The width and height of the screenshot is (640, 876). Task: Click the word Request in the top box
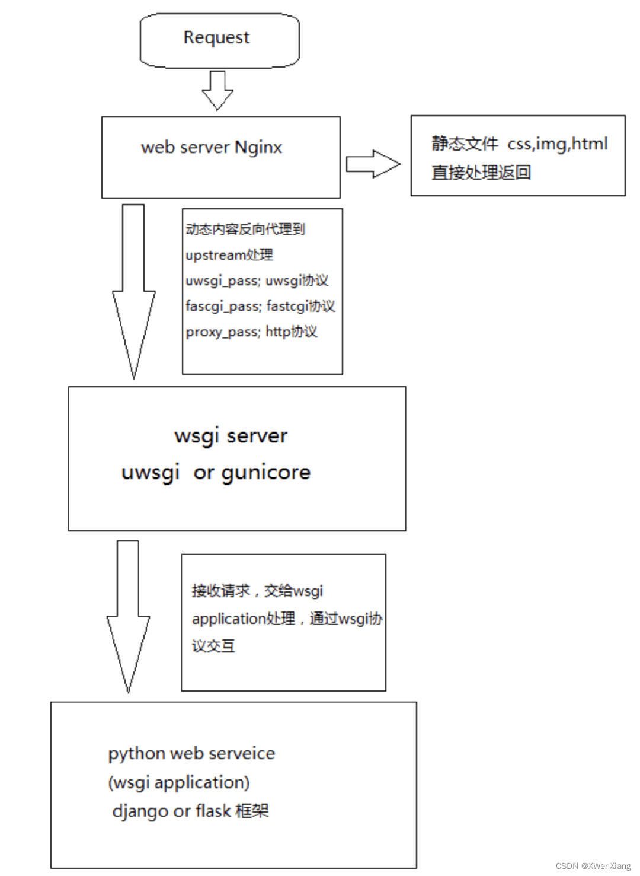tap(216, 37)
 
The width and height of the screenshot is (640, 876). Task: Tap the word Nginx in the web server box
tap(258, 147)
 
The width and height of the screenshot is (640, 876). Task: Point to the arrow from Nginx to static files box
tap(372, 164)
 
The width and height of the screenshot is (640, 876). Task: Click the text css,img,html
tap(557, 144)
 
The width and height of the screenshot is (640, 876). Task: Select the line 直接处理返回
tap(481, 173)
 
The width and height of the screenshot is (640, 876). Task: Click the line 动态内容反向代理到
tap(245, 229)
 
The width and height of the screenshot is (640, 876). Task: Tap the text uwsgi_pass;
tap(223, 281)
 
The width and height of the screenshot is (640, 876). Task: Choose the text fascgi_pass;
tap(223, 306)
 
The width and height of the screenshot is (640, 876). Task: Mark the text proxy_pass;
tap(223, 332)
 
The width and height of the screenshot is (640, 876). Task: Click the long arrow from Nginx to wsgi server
tap(134, 291)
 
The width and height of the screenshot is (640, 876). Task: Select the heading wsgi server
tap(231, 436)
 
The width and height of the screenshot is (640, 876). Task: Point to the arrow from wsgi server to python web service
tap(128, 617)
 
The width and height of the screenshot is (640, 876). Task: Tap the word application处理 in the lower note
tap(244, 619)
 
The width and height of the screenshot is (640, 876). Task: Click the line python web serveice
tap(191, 753)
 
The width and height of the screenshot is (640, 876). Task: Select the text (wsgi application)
tap(178, 782)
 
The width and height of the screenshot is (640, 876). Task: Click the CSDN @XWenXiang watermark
tap(593, 866)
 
